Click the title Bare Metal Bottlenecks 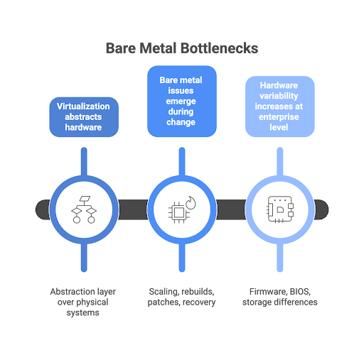(182, 48)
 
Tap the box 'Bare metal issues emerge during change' (181, 101)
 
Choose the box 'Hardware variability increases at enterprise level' (279, 107)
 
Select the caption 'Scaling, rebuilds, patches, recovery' (181, 297)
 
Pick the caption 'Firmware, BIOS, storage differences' (279, 297)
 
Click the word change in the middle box (181, 123)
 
